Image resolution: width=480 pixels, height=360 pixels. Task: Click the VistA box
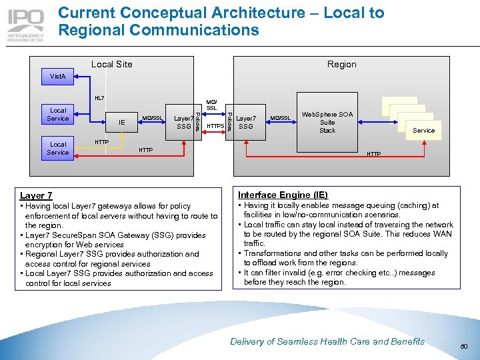(x=58, y=77)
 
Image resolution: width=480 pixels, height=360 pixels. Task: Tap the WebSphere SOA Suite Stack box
(x=327, y=122)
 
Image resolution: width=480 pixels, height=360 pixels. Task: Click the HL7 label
(x=99, y=98)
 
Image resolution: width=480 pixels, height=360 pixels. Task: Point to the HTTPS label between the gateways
(x=215, y=126)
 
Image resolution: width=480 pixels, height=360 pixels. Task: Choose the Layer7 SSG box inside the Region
(x=246, y=122)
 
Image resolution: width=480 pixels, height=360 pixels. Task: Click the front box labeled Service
(x=423, y=130)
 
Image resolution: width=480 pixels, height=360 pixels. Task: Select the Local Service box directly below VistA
(x=58, y=115)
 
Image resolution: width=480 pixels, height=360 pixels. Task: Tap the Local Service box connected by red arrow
(x=58, y=148)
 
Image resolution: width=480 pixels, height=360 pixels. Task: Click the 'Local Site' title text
(x=111, y=64)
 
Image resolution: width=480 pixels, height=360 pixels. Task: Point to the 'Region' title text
(x=341, y=64)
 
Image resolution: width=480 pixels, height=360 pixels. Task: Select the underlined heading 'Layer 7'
(x=36, y=195)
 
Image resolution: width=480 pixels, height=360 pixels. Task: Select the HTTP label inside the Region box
(x=374, y=154)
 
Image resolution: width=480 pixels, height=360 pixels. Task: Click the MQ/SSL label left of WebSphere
(x=280, y=119)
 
